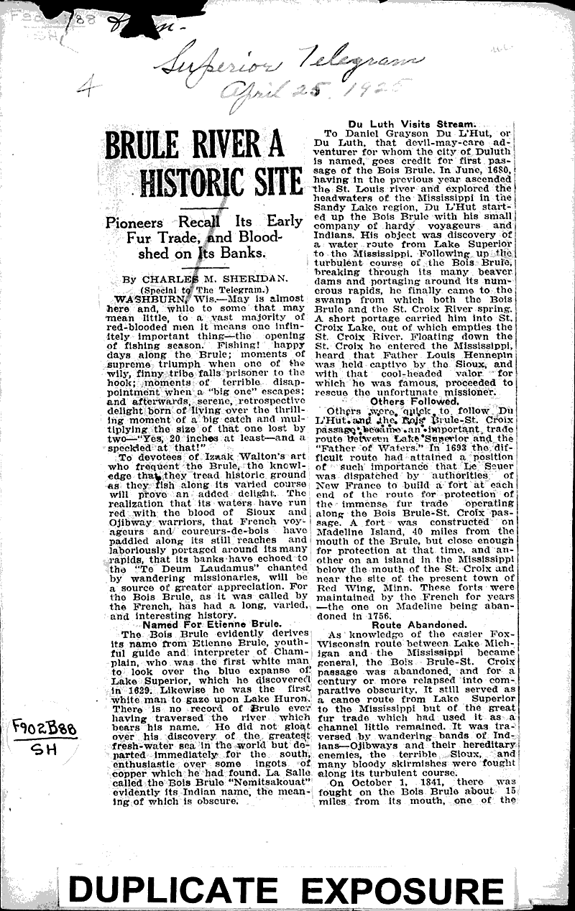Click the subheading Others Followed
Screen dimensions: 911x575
415,402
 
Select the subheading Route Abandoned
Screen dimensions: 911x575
415,624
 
